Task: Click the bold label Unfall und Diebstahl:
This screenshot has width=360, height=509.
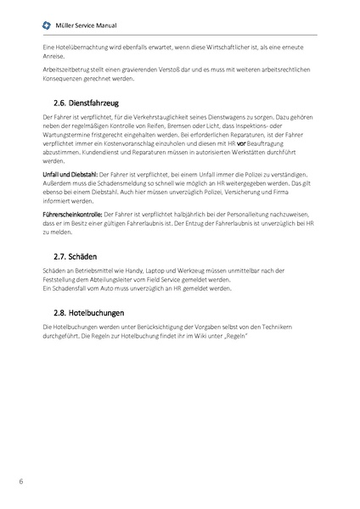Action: [69, 173]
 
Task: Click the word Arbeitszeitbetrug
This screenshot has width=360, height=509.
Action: [66, 71]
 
